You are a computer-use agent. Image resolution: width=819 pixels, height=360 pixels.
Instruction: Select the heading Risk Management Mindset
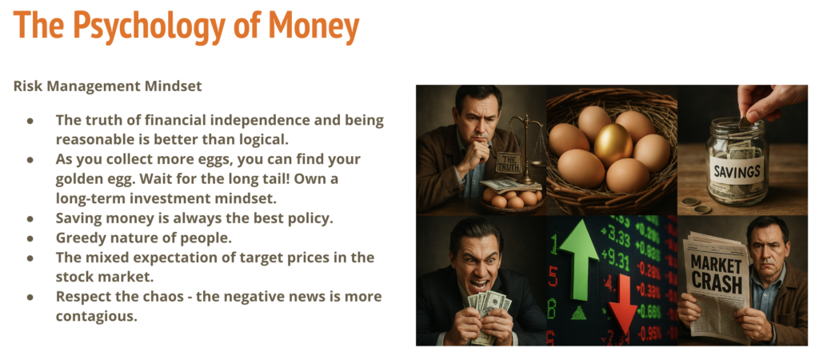108,86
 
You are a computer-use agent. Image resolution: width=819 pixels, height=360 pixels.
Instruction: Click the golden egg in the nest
613,145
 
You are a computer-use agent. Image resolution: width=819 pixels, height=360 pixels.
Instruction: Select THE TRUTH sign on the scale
508,162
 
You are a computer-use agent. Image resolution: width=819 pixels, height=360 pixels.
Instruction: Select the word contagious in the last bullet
97,316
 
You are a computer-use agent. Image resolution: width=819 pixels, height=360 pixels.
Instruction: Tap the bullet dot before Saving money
31,218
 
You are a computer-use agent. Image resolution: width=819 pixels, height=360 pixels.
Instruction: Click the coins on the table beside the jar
697,205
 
